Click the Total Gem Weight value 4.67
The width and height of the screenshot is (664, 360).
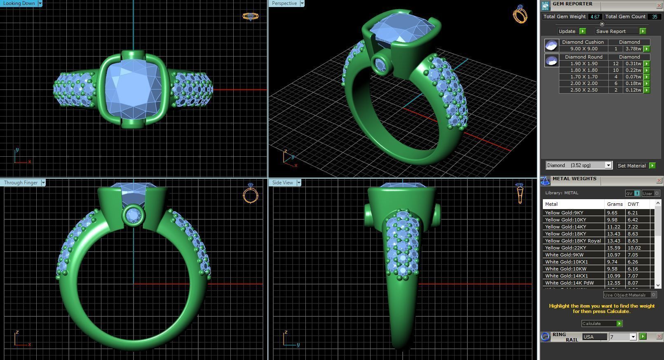tap(595, 17)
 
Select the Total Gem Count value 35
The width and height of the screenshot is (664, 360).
tap(654, 17)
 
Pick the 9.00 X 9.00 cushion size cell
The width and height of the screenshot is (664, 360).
tap(584, 49)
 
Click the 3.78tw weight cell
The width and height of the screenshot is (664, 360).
tap(633, 49)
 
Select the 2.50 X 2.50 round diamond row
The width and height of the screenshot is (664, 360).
tap(584, 90)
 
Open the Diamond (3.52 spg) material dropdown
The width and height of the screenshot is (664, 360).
tap(608, 165)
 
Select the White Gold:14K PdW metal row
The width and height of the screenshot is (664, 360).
tap(569, 283)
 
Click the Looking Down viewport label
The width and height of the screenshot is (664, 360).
tap(19, 3)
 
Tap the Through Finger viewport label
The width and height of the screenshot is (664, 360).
tap(21, 183)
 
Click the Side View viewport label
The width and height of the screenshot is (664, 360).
tap(283, 183)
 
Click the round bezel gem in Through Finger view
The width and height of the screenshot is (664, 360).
tap(134, 215)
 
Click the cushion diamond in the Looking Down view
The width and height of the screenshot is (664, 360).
tap(133, 87)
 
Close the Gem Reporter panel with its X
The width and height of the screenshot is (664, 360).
tap(659, 5)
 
